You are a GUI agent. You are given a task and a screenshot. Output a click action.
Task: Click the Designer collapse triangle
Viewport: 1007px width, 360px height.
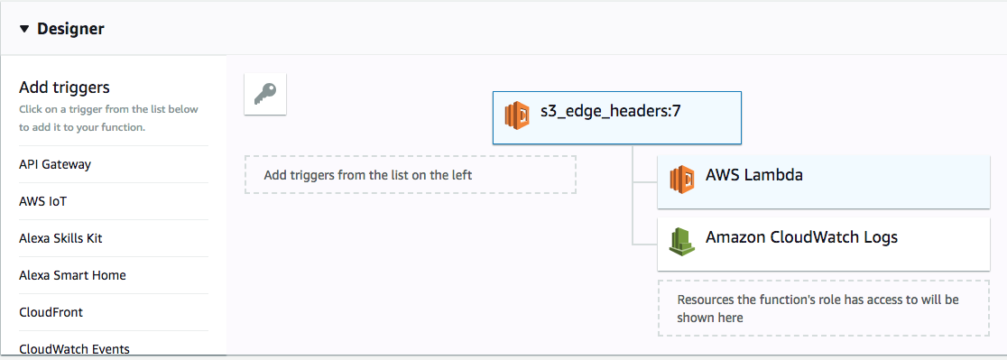point(24,29)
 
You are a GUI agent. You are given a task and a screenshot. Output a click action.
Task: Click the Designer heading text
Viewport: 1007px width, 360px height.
point(70,29)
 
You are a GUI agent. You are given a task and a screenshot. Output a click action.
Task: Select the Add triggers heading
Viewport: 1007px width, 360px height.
point(64,88)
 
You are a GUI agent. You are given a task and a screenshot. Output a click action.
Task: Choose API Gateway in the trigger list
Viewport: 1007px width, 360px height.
point(55,164)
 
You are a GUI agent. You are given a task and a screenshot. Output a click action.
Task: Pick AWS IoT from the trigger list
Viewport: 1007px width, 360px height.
point(42,201)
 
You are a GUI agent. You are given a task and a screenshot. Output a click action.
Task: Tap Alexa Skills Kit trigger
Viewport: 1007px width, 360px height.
point(67,238)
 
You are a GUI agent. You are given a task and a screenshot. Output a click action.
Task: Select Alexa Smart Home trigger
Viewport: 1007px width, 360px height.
point(72,275)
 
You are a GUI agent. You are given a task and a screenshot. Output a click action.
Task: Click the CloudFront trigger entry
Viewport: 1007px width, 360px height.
point(51,312)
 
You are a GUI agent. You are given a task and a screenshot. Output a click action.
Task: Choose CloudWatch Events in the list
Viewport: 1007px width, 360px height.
point(74,348)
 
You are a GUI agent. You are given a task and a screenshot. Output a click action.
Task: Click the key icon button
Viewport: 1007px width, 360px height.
point(265,94)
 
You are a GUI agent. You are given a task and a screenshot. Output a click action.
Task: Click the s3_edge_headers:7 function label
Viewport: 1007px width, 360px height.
point(610,115)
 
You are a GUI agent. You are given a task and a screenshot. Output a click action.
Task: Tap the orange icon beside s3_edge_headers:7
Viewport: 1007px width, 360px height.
point(517,116)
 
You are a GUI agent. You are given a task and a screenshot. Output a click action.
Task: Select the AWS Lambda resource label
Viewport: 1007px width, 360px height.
point(754,175)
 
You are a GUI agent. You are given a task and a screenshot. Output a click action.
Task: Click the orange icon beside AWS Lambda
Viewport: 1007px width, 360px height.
point(682,179)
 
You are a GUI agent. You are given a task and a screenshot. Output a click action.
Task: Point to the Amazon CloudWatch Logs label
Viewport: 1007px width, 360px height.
point(801,238)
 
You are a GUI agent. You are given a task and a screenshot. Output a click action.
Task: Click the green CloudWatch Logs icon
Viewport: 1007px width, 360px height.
point(682,240)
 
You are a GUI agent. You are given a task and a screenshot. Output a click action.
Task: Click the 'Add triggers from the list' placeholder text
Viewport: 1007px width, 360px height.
point(367,175)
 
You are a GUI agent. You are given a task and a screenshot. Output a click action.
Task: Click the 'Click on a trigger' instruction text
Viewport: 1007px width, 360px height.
point(108,118)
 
